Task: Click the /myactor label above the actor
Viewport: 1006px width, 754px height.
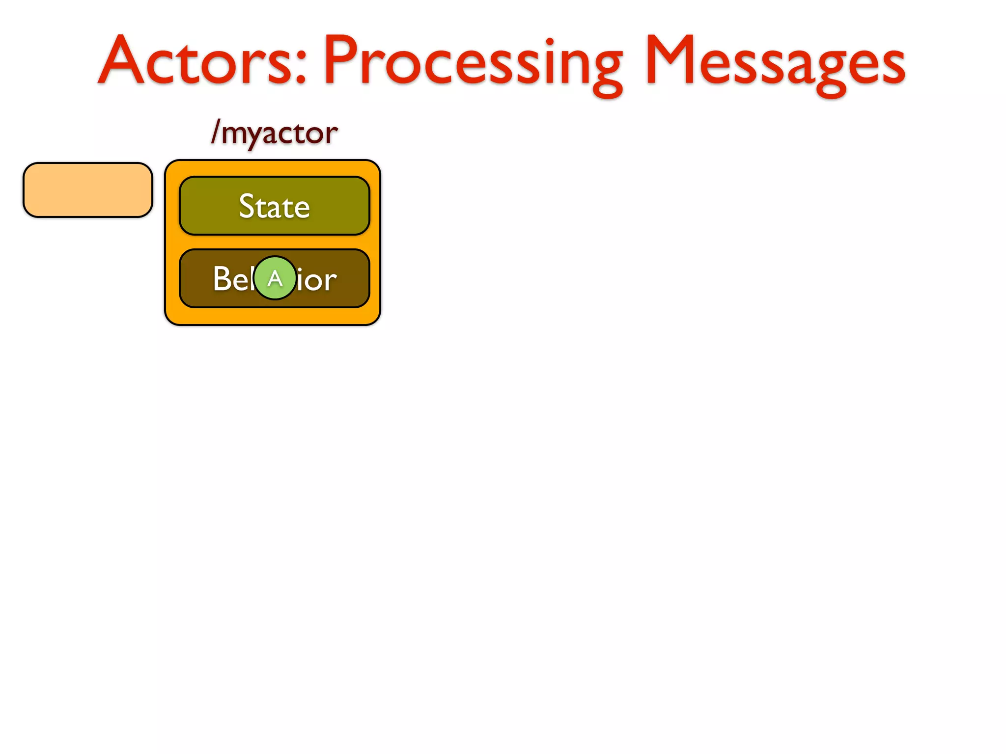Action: pos(275,133)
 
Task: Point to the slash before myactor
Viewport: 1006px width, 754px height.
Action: pos(215,132)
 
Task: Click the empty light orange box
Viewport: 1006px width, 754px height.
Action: pos(88,190)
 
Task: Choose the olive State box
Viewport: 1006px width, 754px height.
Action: pos(274,206)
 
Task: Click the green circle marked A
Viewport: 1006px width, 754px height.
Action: pos(275,278)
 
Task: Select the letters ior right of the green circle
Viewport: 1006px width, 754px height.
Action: pos(317,280)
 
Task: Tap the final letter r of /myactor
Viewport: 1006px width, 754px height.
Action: pos(332,134)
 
